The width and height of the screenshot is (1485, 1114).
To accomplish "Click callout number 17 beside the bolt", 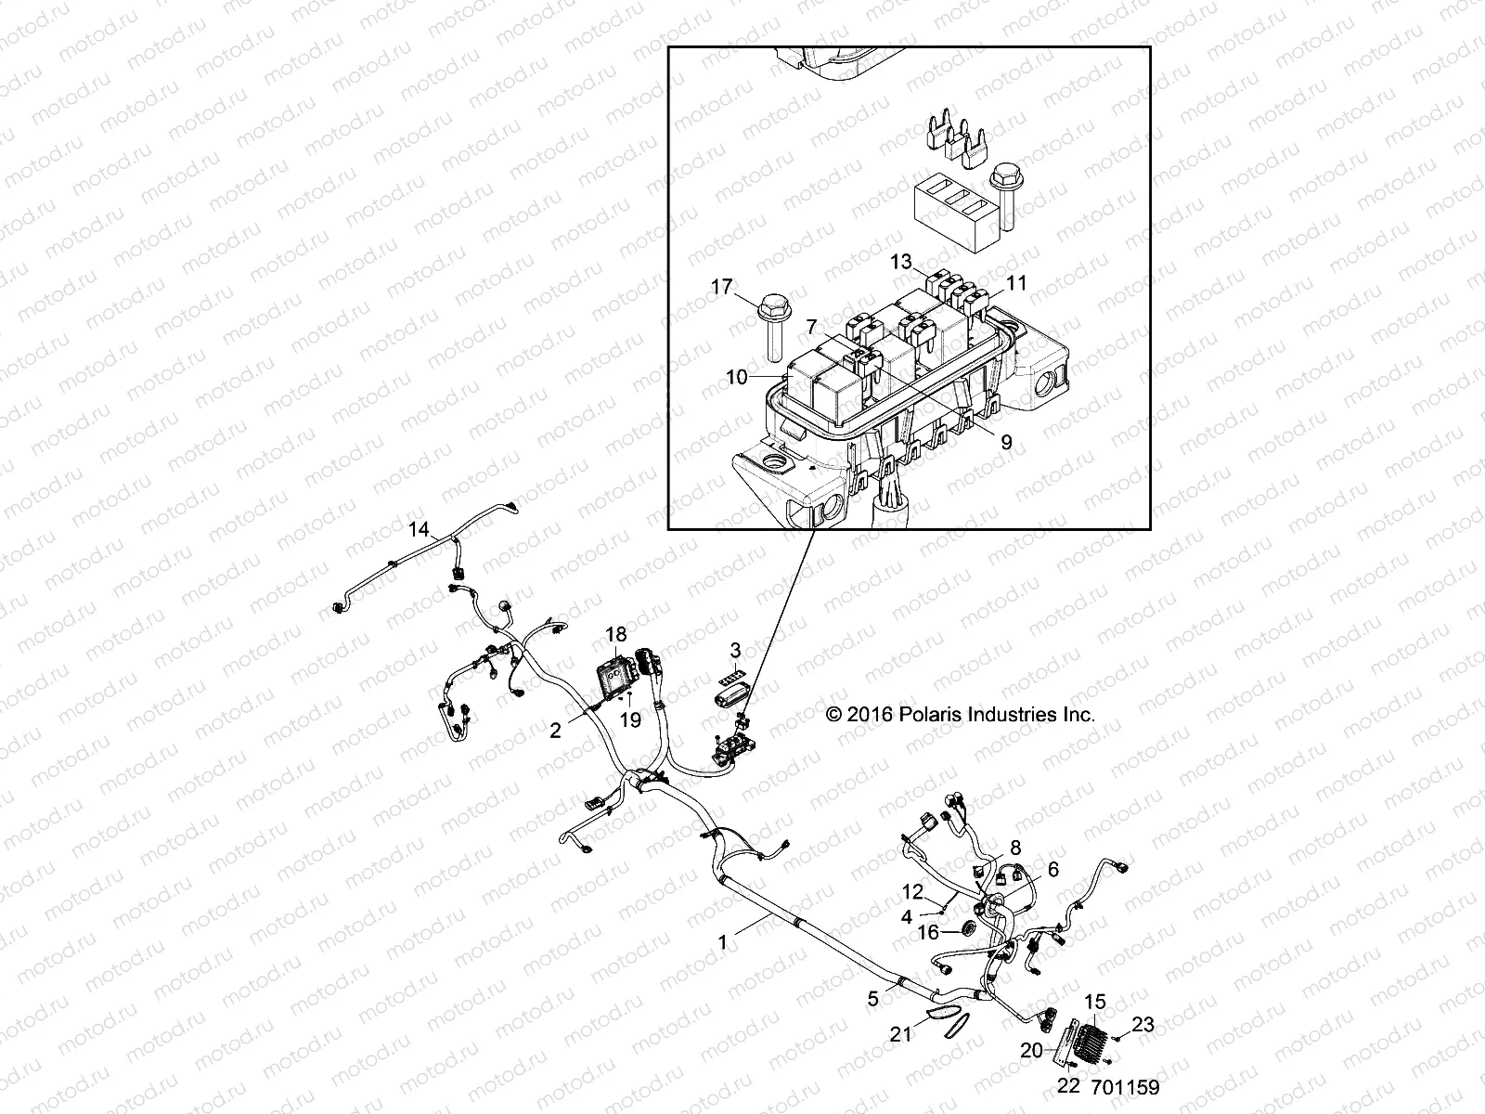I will click(721, 289).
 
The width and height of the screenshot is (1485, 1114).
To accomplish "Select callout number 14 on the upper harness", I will click(420, 530).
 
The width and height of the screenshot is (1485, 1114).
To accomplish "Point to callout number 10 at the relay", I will click(736, 378).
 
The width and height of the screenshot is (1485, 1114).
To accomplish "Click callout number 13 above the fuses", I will click(900, 263).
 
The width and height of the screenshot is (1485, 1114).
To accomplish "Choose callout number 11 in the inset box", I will click(1017, 283).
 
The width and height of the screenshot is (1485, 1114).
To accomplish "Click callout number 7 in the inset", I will click(812, 328).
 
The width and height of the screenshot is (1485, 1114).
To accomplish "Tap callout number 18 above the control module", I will click(616, 635).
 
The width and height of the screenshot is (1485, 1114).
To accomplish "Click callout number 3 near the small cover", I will click(735, 650).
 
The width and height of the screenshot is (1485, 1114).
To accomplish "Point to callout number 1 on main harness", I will click(722, 942).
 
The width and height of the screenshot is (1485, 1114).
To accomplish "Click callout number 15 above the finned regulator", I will click(1095, 1002).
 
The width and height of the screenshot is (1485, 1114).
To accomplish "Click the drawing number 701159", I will click(1125, 1087).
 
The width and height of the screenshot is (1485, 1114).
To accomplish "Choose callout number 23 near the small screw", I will click(1143, 1025).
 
